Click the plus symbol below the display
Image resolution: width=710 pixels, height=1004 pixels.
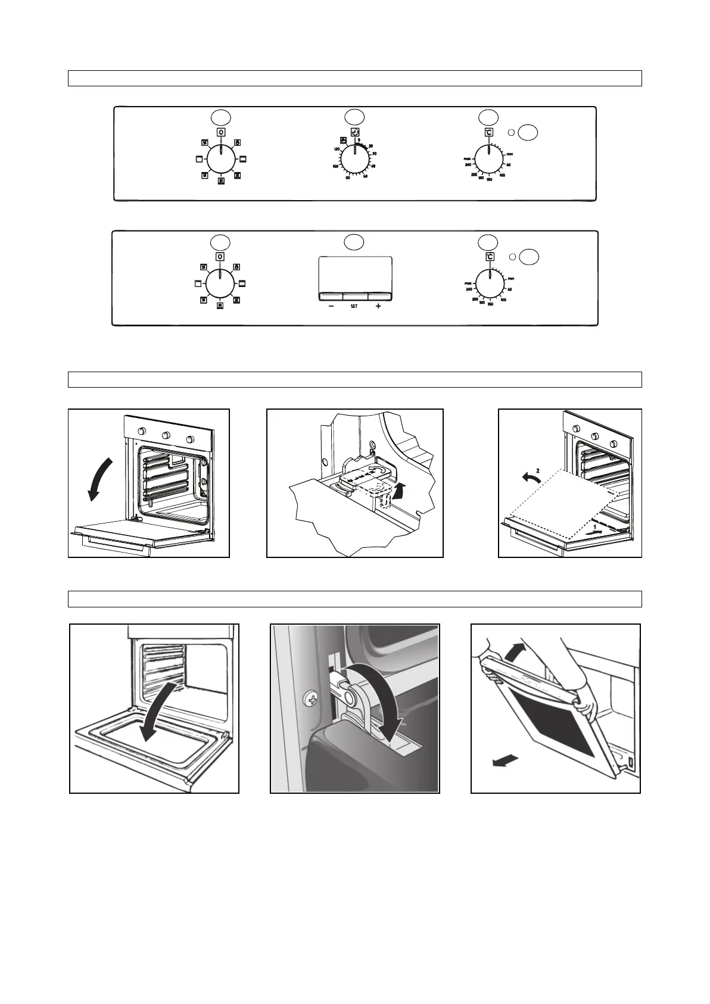tap(378, 307)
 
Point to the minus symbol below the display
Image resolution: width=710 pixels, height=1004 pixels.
tap(331, 307)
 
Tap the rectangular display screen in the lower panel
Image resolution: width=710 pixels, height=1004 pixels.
tap(355, 274)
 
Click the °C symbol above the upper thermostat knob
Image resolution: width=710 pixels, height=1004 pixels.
tap(488, 132)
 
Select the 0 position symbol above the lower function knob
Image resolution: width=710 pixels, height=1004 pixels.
tap(220, 257)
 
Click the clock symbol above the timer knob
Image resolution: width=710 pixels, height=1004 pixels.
tap(355, 133)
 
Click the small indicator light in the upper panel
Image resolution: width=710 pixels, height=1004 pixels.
tap(511, 132)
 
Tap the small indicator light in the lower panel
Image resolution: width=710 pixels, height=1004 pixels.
tap(512, 257)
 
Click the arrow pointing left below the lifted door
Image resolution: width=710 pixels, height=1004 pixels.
tap(502, 762)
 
